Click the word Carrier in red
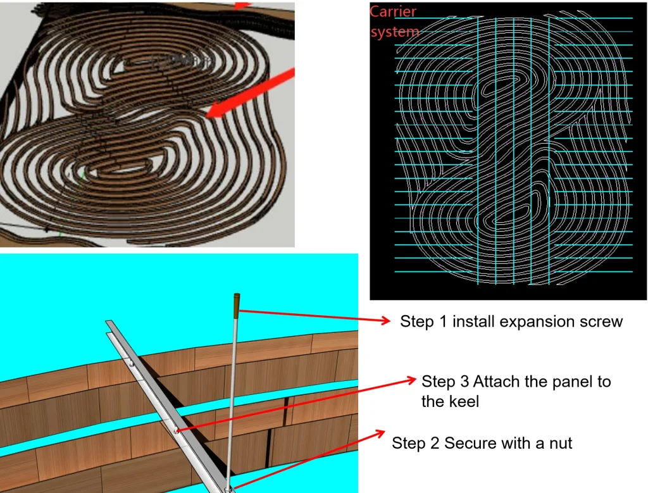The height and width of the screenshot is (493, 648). click(392, 11)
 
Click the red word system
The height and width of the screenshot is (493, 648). click(395, 32)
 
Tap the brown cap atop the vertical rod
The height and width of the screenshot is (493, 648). click(237, 306)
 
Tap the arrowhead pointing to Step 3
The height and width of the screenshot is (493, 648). click(411, 380)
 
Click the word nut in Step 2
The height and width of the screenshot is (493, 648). click(561, 444)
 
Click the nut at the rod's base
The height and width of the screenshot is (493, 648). click(227, 490)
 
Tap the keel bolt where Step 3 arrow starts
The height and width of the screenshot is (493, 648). click(177, 431)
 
